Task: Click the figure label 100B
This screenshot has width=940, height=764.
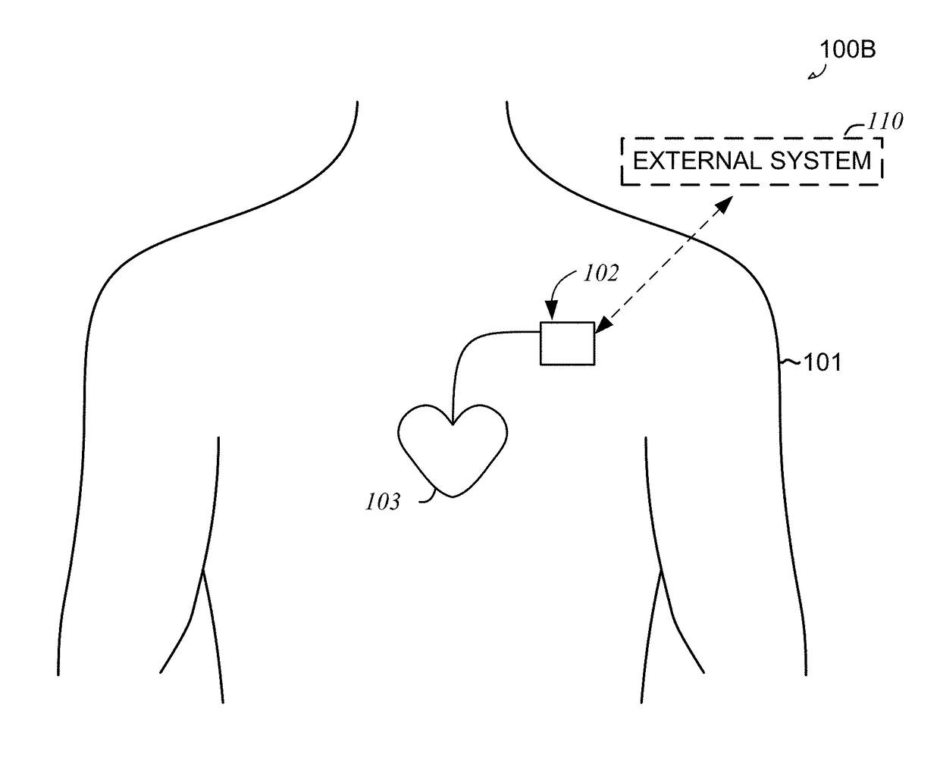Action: point(848,50)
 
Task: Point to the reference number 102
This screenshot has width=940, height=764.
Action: point(600,273)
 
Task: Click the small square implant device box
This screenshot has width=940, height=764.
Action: point(566,343)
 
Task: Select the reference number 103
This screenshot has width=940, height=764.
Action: point(382,502)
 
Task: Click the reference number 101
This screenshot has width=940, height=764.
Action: point(822,363)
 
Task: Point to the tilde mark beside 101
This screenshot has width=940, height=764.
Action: point(791,364)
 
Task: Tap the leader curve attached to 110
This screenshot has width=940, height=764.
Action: point(854,130)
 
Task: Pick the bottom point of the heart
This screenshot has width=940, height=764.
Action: point(453,497)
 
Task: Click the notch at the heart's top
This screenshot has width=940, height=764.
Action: point(453,424)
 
